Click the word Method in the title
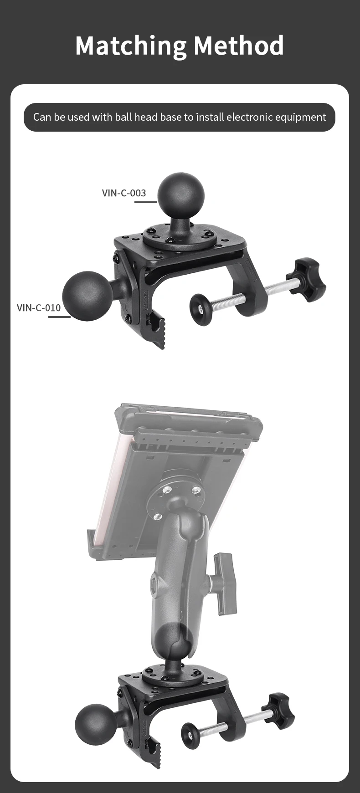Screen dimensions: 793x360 tap(238, 46)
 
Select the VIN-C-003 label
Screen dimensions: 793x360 tap(124, 193)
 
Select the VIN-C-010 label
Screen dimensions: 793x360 tap(39, 308)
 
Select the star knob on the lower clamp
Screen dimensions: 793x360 tap(278, 711)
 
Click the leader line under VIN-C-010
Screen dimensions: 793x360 tap(59, 317)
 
